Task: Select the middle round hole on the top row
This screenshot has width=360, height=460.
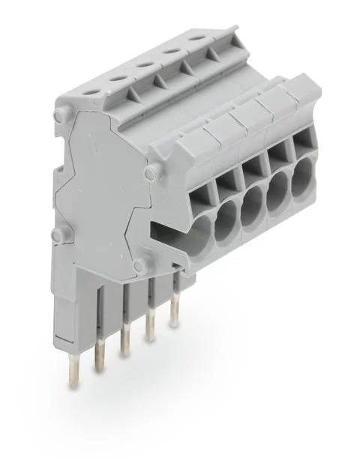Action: pos(142,65)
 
